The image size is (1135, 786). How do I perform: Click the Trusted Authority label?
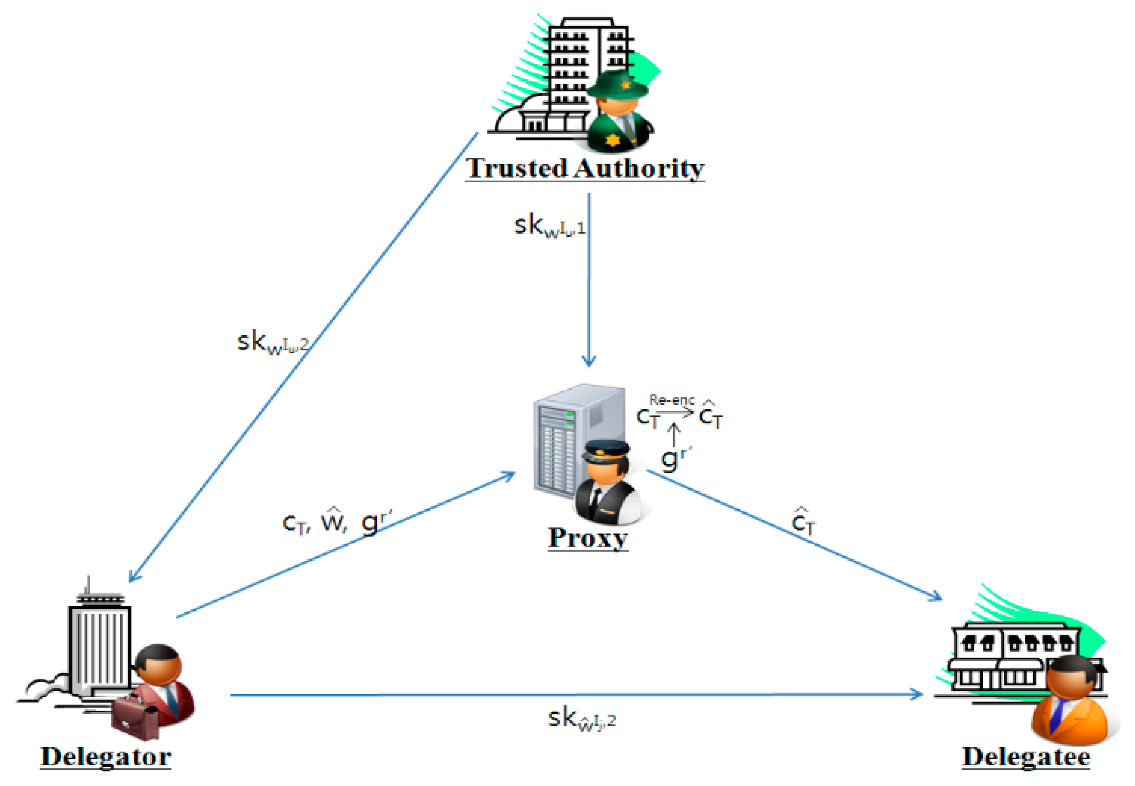pos(585,169)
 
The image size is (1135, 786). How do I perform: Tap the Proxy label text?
pos(588,538)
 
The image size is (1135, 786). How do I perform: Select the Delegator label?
pos(106,757)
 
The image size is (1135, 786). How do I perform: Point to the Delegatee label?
pos(1026,757)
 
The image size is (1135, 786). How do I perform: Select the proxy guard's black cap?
pos(605,450)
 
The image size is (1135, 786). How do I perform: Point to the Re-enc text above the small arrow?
pos(672,400)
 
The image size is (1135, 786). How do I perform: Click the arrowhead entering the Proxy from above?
pos(589,362)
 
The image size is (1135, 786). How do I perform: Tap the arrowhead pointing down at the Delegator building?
pos(133,577)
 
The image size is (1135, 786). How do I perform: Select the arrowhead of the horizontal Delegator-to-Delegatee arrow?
pos(918,695)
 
